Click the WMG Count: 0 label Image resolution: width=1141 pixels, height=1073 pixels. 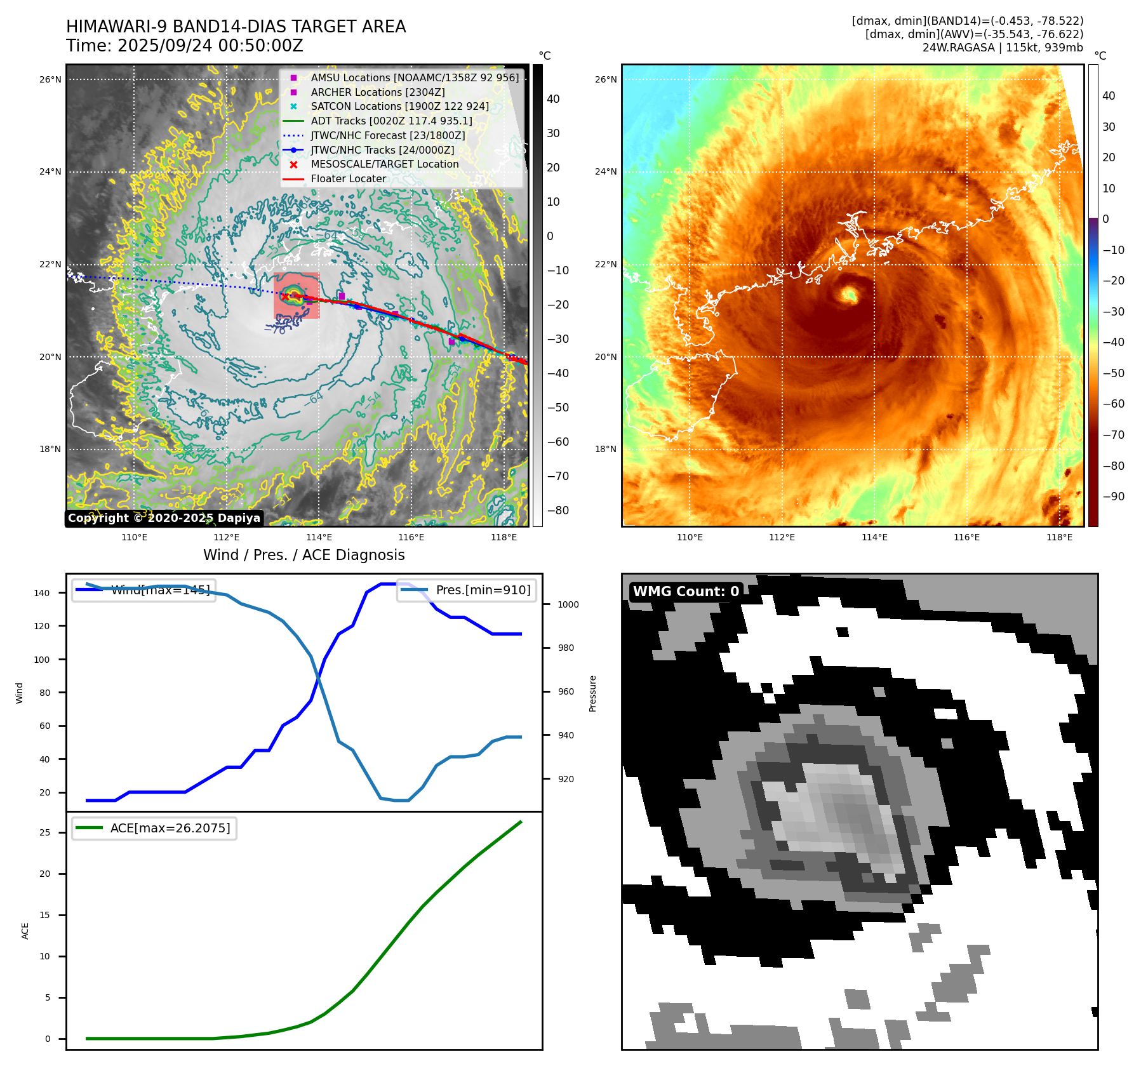tap(686, 591)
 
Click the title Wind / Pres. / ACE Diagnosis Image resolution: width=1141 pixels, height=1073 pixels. tap(304, 555)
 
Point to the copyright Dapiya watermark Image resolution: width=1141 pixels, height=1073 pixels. tap(164, 518)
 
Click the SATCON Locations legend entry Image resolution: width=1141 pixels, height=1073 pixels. tap(399, 106)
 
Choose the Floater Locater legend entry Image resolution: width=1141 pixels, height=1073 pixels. tap(348, 178)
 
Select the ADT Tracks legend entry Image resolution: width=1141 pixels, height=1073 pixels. tap(391, 121)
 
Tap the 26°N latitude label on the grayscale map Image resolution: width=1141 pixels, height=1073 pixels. tap(50, 79)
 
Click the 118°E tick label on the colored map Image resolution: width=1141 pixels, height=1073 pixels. tap(1059, 537)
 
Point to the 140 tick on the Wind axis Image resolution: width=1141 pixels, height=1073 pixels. tap(42, 593)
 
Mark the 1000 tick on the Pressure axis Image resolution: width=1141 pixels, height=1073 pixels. tap(568, 604)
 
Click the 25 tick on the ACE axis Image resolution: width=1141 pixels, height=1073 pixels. tap(45, 832)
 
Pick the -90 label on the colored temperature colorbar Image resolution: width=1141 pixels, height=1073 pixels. tap(1113, 497)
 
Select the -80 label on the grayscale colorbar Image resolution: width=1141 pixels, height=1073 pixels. tap(558, 510)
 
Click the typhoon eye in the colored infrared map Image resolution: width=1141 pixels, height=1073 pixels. tap(850, 294)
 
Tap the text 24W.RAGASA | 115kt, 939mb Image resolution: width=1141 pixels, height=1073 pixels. tap(1003, 48)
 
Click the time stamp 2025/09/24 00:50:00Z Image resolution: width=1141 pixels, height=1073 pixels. tap(210, 46)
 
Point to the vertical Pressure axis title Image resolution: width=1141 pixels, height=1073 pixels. tap(592, 693)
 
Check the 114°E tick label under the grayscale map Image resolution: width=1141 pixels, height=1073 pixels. tap(319, 537)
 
